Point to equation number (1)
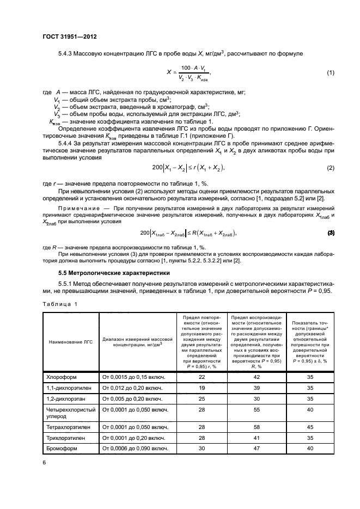pyautogui.click(x=330, y=73)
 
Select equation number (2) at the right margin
pyautogui.click(x=330, y=168)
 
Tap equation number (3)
pyautogui.click(x=330, y=233)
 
